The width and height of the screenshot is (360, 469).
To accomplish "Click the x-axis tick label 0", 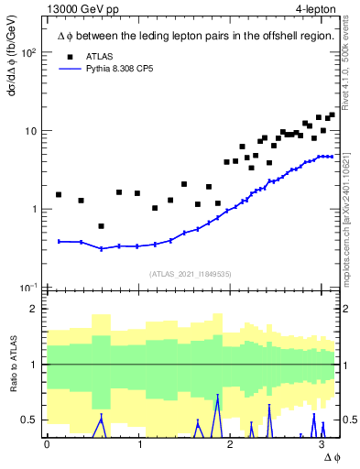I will click(x=47, y=443).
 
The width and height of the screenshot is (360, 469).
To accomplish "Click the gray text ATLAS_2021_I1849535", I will click(x=191, y=274).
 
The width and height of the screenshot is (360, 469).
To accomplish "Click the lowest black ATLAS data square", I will click(x=101, y=226).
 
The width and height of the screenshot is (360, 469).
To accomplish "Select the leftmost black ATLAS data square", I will click(x=59, y=194).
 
